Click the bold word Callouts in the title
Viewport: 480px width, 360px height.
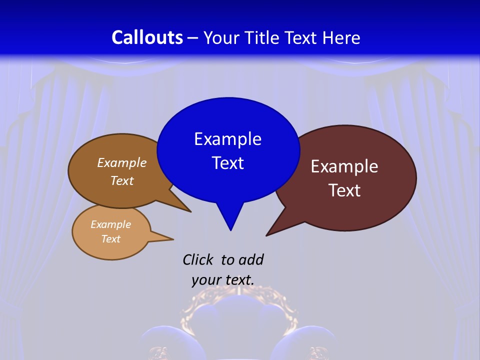coord(147,37)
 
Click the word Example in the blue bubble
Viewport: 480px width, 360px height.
coord(227,139)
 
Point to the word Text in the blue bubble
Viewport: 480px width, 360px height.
coord(227,163)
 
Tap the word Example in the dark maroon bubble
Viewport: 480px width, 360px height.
coord(344,166)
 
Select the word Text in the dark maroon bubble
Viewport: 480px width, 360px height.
coord(344,190)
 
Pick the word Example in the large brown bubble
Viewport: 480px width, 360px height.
coord(122,163)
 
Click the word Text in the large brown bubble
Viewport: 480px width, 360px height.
coord(122,181)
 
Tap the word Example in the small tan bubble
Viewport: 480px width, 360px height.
coord(110,224)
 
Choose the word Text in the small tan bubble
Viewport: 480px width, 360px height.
coord(110,239)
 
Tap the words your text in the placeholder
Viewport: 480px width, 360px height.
coord(223,280)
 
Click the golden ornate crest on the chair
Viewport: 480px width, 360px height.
coord(240,300)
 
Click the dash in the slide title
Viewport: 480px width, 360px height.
coord(193,38)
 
